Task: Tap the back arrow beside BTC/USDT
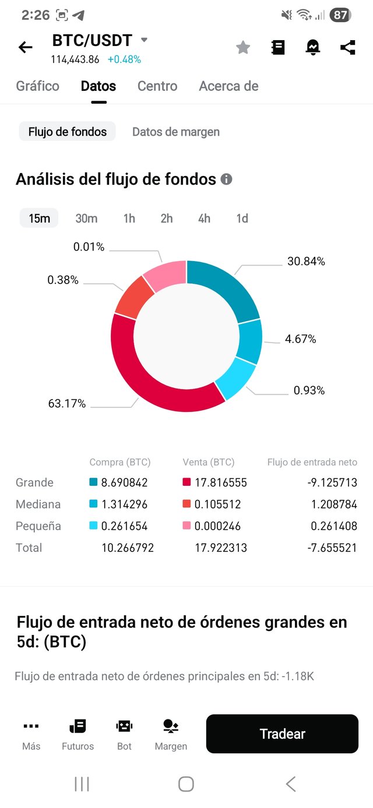tap(26, 47)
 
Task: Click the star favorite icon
tap(243, 48)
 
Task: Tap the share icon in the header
tap(348, 47)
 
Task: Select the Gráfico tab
tap(37, 86)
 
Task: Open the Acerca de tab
tap(228, 86)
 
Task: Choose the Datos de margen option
tap(176, 132)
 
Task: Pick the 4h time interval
tap(204, 218)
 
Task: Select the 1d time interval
tap(242, 218)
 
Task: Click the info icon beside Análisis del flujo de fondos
tap(227, 179)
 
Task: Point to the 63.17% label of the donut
tap(67, 404)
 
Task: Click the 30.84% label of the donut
tap(306, 262)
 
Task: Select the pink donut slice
tap(165, 274)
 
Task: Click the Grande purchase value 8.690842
tap(124, 483)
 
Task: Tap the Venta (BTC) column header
tap(208, 463)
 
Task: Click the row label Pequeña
tap(38, 526)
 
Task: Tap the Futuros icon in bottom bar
tap(78, 734)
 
